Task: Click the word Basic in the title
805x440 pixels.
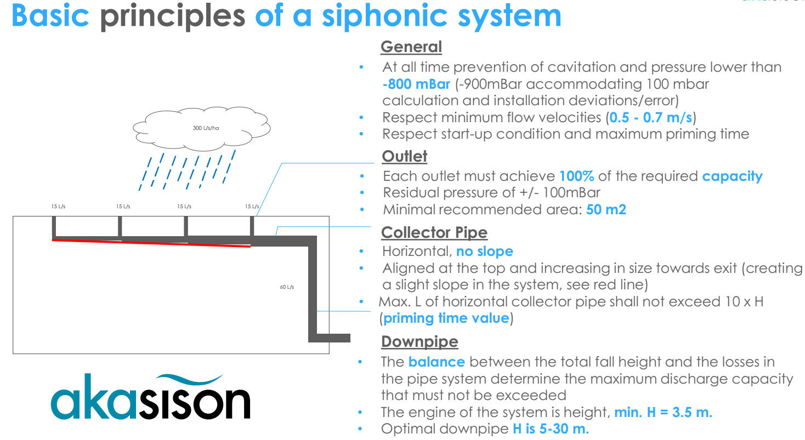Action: pyautogui.click(x=50, y=16)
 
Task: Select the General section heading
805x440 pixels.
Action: pyautogui.click(x=411, y=47)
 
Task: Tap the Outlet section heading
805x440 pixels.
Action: pyautogui.click(x=404, y=156)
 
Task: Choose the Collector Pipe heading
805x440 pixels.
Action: pyautogui.click(x=434, y=232)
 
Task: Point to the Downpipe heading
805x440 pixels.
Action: pyautogui.click(x=419, y=342)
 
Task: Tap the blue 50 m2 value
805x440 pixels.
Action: pyautogui.click(x=606, y=209)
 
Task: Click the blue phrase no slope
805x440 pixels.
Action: pyautogui.click(x=485, y=252)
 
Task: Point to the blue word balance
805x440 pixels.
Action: pyautogui.click(x=436, y=362)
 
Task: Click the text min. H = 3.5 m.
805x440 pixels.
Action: pyautogui.click(x=663, y=412)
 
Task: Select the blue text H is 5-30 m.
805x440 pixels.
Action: pyautogui.click(x=551, y=428)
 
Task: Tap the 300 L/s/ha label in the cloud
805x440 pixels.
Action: pyautogui.click(x=206, y=128)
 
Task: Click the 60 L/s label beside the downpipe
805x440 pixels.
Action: pyautogui.click(x=287, y=287)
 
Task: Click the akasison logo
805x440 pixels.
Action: pyautogui.click(x=150, y=397)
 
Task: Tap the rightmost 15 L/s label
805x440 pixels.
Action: pyautogui.click(x=252, y=207)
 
